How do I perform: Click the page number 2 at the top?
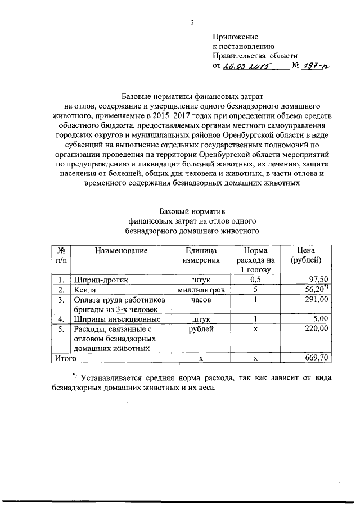[x=192, y=23]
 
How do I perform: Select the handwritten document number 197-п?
[x=315, y=66]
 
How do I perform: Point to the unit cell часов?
[x=200, y=300]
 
